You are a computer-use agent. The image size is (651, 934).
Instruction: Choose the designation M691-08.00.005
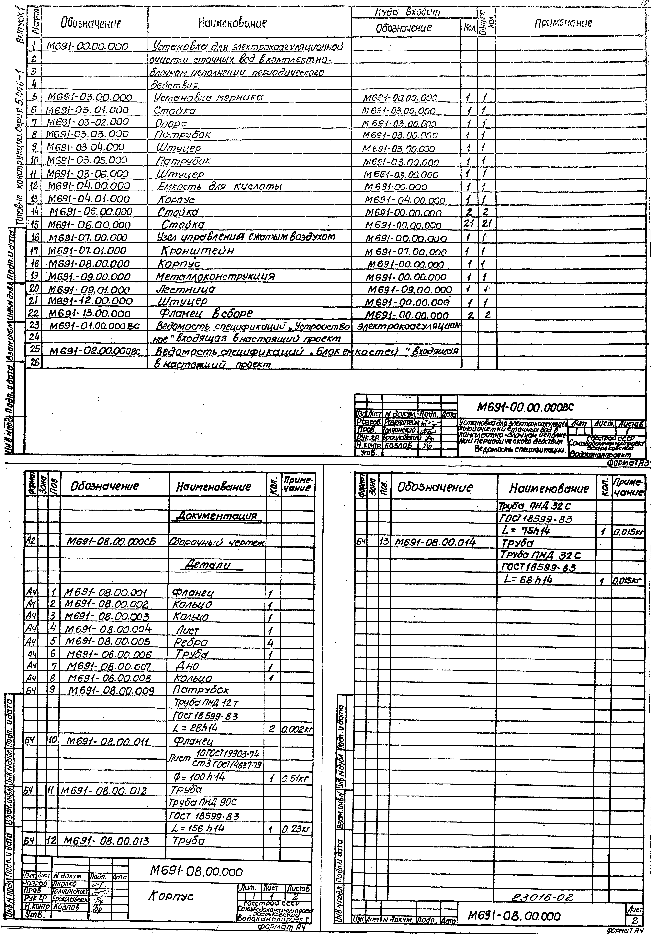pos(108,642)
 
